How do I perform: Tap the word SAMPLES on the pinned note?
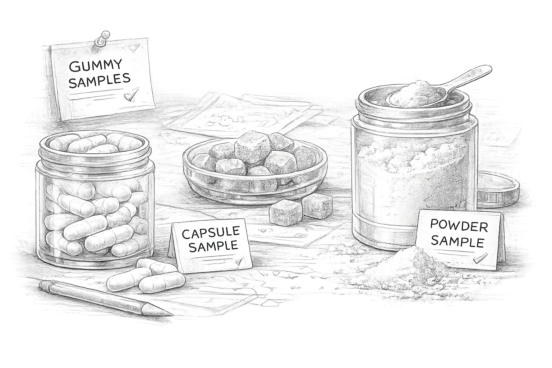pos(99,80)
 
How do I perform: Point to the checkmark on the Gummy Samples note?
pos(131,95)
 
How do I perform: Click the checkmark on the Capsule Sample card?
pos(239,261)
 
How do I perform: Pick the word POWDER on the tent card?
pos(459,226)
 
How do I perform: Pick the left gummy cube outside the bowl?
pos(286,214)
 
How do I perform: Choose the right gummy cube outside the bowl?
pos(317,206)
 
